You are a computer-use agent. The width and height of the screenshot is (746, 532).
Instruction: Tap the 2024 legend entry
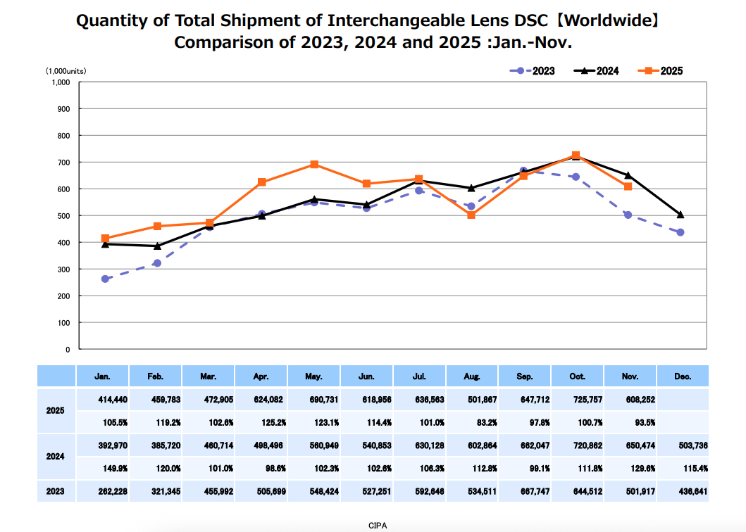(597, 70)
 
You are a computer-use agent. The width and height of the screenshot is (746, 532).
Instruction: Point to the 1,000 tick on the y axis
(61, 82)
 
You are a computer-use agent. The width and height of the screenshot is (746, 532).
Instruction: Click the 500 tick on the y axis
(63, 216)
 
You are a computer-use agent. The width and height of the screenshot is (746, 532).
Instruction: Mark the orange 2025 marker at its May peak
(314, 165)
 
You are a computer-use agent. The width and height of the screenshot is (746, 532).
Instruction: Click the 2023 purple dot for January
(105, 279)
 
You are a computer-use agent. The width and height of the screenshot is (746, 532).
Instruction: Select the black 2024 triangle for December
(680, 215)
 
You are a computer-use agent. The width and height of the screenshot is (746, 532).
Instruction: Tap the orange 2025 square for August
(471, 215)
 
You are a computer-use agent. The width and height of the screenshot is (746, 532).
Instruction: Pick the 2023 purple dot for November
(628, 215)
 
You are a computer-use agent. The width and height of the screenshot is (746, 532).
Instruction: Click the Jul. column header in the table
(419, 376)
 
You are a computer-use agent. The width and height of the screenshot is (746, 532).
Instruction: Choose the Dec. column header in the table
(682, 376)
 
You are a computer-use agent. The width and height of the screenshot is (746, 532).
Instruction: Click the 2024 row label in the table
(56, 457)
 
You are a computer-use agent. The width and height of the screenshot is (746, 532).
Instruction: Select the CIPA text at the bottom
(378, 525)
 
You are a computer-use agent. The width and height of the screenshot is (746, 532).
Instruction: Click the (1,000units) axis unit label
(66, 71)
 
